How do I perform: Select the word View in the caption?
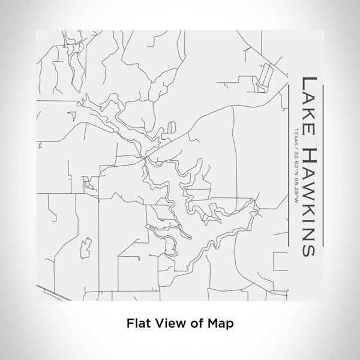[x=165, y=322]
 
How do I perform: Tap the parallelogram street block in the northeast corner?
[x=262, y=81]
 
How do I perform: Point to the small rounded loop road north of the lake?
[x=173, y=128]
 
